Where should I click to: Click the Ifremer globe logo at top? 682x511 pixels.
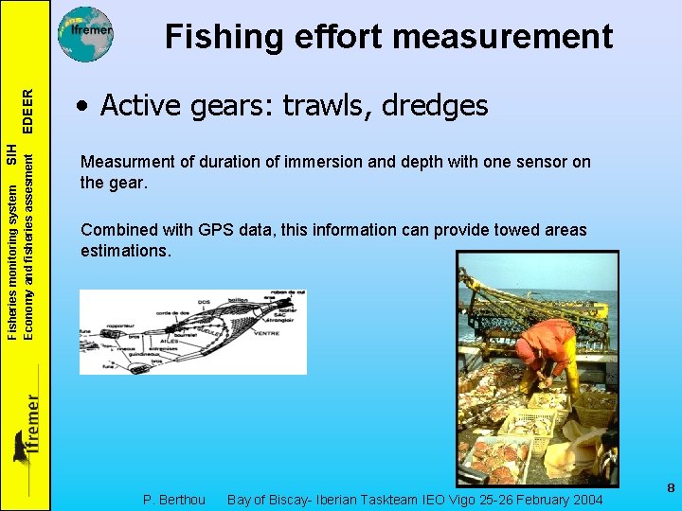click(x=86, y=33)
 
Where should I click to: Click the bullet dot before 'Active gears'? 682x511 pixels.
click(x=85, y=107)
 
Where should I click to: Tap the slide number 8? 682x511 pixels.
click(x=670, y=488)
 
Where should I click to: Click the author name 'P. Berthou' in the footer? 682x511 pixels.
click(x=173, y=499)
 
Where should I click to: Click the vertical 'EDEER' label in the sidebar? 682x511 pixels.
click(x=29, y=111)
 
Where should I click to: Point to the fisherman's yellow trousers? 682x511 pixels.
click(x=569, y=373)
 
